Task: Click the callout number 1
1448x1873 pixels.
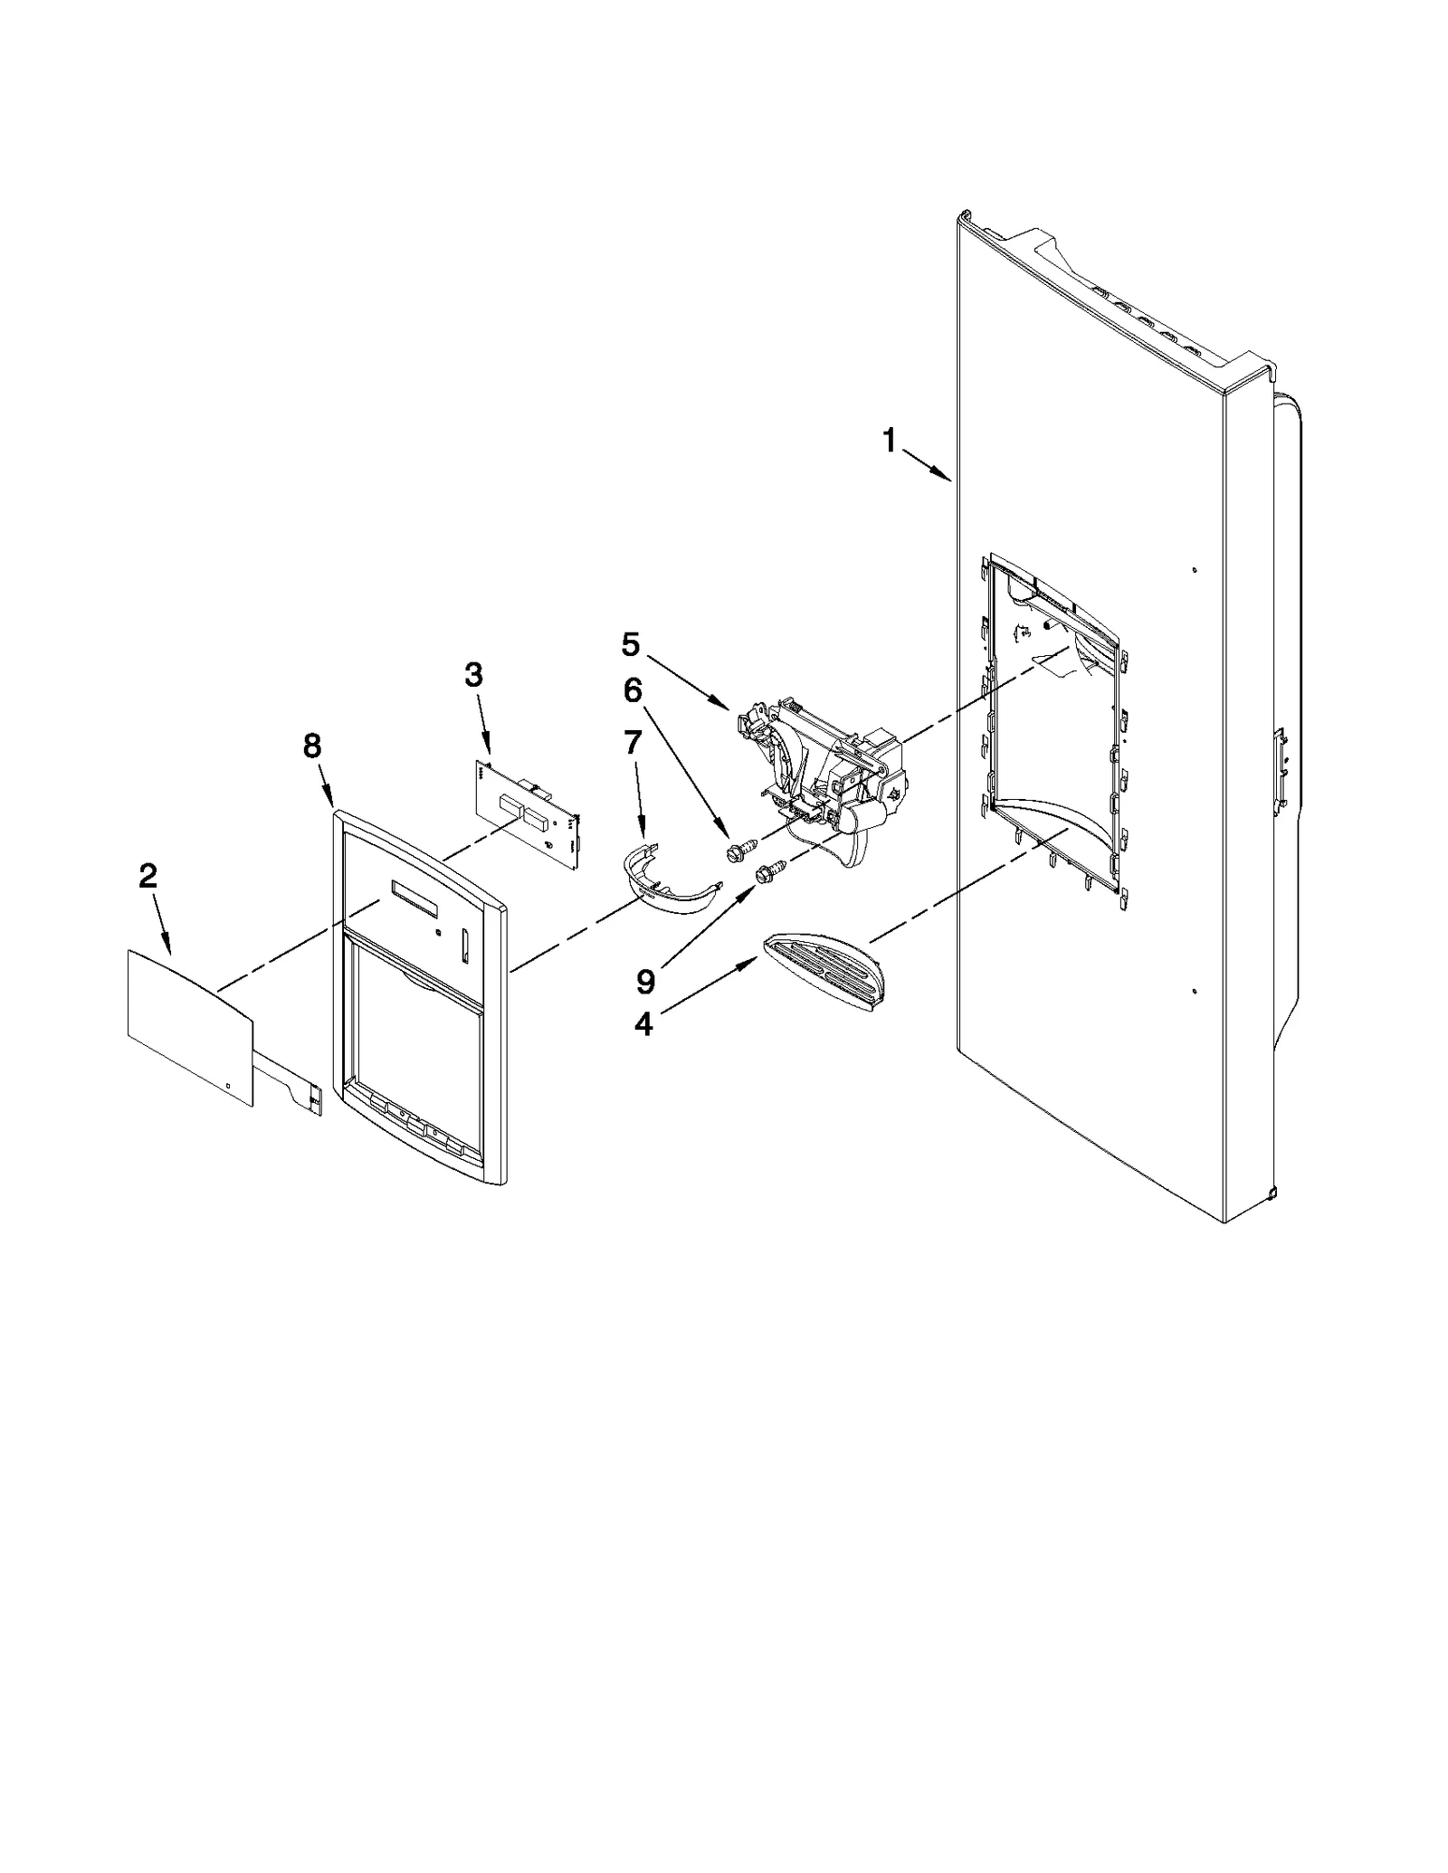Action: pos(889,442)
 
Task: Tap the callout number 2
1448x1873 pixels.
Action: pos(148,876)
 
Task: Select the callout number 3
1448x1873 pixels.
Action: pos(473,675)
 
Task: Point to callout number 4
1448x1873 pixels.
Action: pos(643,1024)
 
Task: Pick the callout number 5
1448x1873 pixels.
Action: pos(630,645)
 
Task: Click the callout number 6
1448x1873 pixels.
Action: pos(632,691)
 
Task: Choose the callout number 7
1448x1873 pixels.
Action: pos(632,743)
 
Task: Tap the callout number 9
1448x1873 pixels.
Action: pos(645,980)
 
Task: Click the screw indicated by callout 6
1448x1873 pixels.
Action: pos(737,850)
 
